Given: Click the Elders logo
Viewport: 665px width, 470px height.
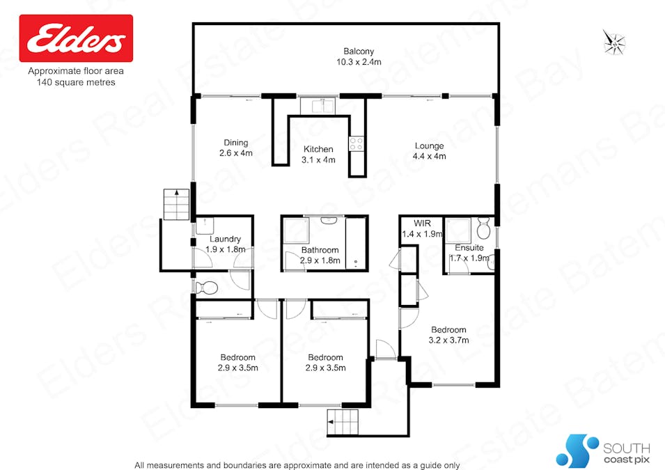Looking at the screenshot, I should pos(76,39).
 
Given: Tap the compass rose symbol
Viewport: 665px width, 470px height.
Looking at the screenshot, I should pos(614,42).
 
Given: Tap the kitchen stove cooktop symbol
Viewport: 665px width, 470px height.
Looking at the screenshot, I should pos(357,143).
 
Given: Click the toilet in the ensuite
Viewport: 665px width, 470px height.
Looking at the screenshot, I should pos(484,230).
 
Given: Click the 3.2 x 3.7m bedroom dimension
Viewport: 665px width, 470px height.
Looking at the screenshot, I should pos(448,340).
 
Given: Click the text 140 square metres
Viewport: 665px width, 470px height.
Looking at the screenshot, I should pos(76,82).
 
